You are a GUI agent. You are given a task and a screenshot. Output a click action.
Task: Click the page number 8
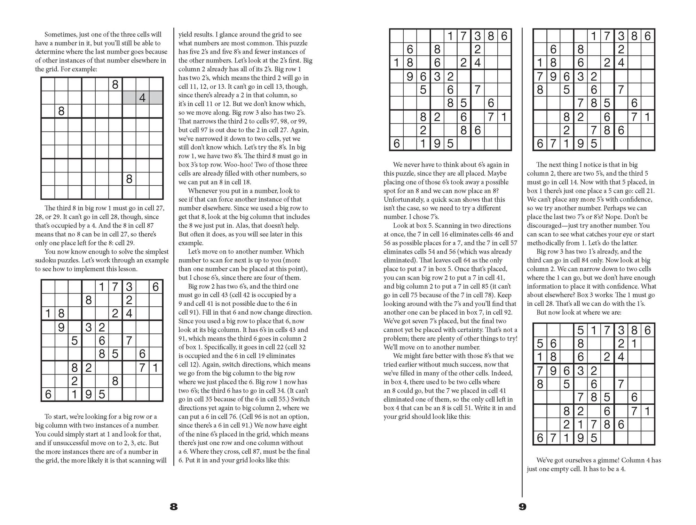click(x=174, y=507)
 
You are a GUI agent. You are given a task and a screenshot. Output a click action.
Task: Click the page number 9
click(x=522, y=507)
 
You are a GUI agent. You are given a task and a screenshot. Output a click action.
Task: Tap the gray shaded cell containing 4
click(x=142, y=98)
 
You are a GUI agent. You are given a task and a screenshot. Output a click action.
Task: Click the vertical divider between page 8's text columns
click(x=174, y=243)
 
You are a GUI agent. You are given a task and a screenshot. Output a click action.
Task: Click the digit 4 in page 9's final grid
click(x=621, y=357)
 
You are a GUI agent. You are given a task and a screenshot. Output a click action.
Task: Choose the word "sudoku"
click(x=46, y=260)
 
